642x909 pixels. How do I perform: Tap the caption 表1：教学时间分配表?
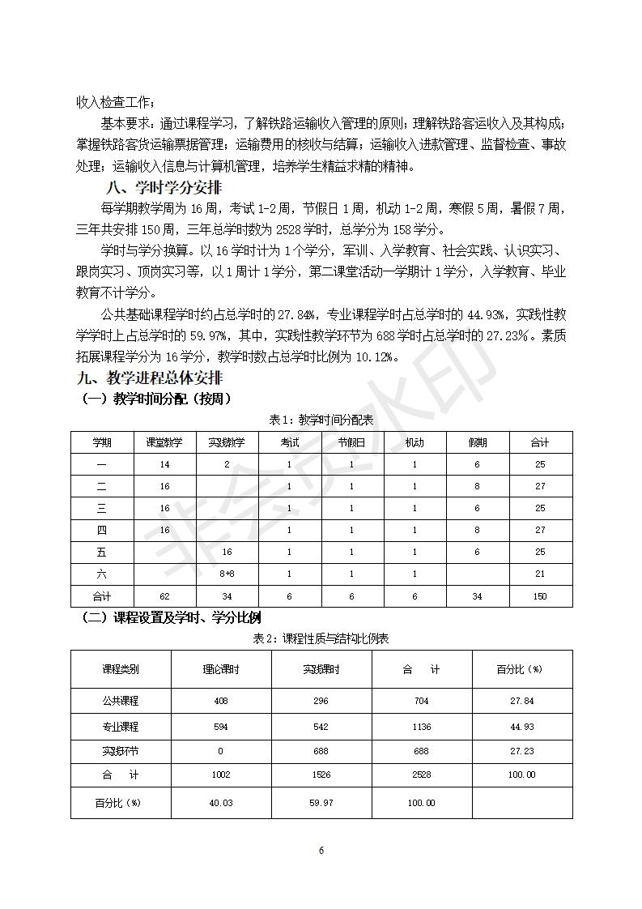(x=321, y=420)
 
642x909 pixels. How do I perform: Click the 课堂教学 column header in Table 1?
(x=164, y=442)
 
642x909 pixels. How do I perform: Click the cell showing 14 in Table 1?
(x=164, y=464)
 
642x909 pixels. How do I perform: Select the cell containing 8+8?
(x=227, y=574)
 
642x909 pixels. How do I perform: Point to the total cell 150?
(x=540, y=596)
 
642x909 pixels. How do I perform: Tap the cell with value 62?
(x=164, y=596)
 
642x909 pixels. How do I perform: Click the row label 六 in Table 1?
(x=102, y=574)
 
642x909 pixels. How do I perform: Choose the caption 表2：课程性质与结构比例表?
(x=321, y=638)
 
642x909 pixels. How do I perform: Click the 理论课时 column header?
(x=221, y=669)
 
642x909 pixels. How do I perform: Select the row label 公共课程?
(x=120, y=701)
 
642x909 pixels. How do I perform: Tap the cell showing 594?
(x=221, y=727)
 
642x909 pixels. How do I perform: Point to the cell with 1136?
(x=421, y=727)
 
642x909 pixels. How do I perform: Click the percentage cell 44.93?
(x=522, y=727)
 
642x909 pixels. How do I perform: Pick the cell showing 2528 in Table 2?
(x=421, y=775)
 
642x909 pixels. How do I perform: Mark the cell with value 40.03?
(x=221, y=803)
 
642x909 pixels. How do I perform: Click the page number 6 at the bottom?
(x=321, y=851)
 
